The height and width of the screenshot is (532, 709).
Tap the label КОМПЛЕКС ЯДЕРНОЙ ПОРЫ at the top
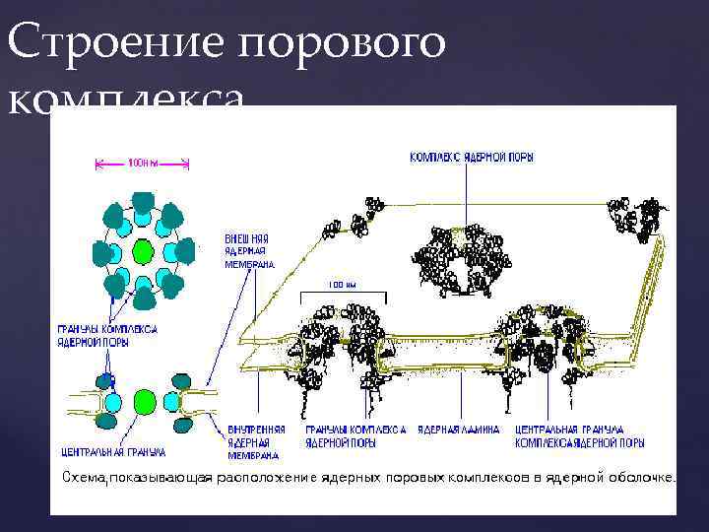pyautogui.click(x=472, y=158)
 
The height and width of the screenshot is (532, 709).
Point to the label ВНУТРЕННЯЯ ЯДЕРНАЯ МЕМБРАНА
pyautogui.click(x=257, y=442)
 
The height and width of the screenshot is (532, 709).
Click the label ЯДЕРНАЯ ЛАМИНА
pyautogui.click(x=459, y=430)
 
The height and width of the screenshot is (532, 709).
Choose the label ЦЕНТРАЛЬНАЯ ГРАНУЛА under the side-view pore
pyautogui.click(x=113, y=452)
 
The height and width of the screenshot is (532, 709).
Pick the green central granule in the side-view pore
pyautogui.click(x=145, y=400)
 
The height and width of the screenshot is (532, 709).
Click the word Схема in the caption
pyautogui.click(x=87, y=478)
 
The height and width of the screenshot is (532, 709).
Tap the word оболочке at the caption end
pyautogui.click(x=645, y=478)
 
